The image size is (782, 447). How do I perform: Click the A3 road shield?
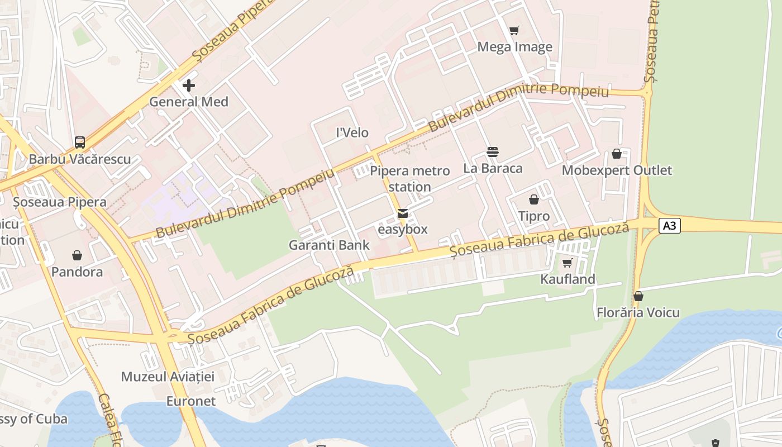[x=670, y=226]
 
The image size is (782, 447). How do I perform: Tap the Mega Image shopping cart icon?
[x=514, y=30]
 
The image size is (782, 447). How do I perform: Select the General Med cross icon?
[x=189, y=85]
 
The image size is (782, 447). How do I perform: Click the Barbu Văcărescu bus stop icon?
[x=80, y=142]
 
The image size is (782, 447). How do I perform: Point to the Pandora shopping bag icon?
[x=77, y=255]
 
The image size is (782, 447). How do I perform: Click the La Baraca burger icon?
[x=493, y=152]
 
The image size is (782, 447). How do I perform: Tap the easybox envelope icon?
[x=402, y=213]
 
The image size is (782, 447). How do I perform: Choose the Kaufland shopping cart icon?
[x=568, y=263]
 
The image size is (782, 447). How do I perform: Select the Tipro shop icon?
[x=534, y=199]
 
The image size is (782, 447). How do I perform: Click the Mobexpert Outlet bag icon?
[x=617, y=154]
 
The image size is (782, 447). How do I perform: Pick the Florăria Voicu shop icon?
[x=638, y=296]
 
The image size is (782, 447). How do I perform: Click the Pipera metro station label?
[x=409, y=179]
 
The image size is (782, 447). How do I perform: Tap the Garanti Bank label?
[x=329, y=245]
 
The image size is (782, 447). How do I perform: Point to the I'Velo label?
[x=352, y=132]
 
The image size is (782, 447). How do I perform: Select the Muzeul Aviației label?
[x=168, y=377]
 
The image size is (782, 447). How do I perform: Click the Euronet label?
[x=191, y=401]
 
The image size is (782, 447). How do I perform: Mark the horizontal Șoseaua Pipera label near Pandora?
[x=60, y=202]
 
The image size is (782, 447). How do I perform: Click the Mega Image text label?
[x=514, y=47]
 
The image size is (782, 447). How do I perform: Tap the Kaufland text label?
[x=568, y=279]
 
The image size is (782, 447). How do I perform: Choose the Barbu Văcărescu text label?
[x=80, y=159]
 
